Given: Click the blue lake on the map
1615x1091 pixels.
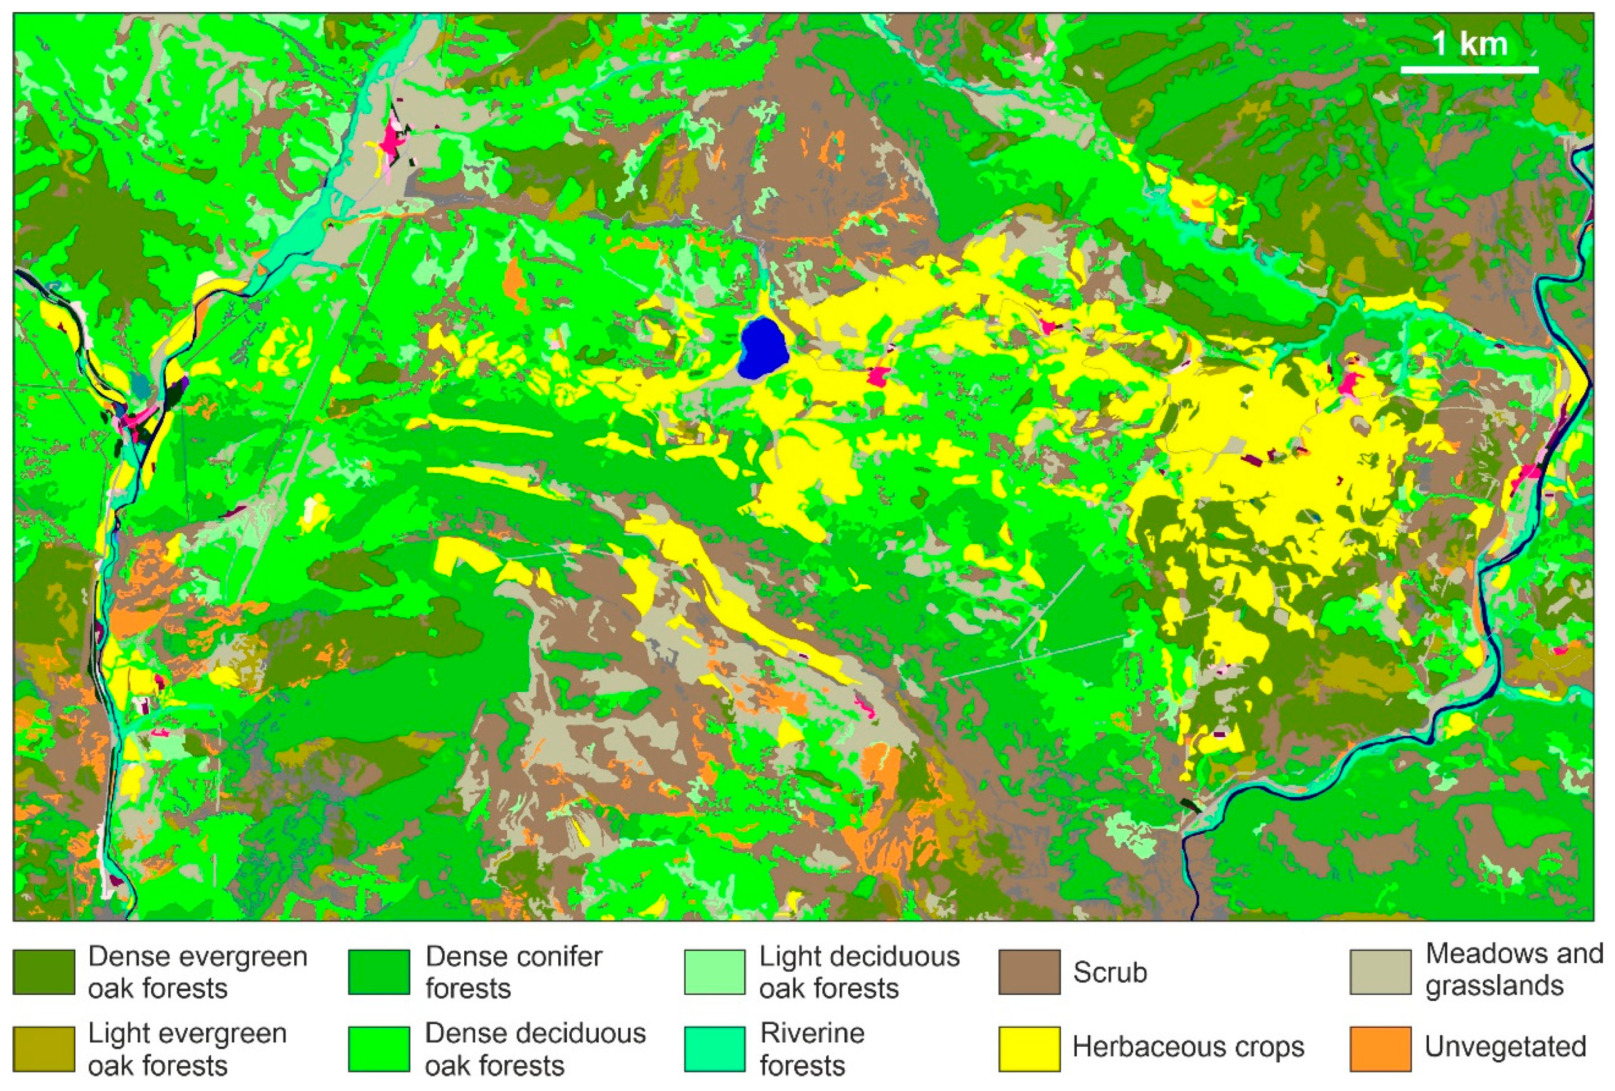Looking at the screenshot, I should (x=763, y=348).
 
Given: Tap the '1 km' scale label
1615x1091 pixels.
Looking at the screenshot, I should (x=1469, y=44).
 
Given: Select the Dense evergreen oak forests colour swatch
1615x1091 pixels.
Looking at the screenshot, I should (x=44, y=972).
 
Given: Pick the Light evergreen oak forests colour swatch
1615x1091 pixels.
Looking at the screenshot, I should (x=44, y=1048).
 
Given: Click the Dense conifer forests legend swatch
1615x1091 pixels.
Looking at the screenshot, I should (x=380, y=972).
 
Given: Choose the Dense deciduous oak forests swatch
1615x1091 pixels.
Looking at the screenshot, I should (x=380, y=1048).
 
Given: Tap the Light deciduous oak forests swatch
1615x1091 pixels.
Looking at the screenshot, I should (x=714, y=972).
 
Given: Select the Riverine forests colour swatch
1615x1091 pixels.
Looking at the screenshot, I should (x=714, y=1048).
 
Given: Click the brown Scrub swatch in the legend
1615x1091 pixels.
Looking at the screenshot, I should (x=1029, y=972).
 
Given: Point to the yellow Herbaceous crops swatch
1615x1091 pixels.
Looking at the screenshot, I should (x=1029, y=1048).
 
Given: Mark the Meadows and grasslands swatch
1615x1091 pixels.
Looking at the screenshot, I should (x=1380, y=972).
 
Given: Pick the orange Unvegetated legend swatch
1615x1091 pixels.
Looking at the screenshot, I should (x=1380, y=1048).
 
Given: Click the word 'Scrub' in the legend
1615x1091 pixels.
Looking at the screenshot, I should (x=1110, y=972).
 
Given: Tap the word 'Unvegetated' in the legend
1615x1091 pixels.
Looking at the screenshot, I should (x=1505, y=1047).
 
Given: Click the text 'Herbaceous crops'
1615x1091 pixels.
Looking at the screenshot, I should (x=1188, y=1047).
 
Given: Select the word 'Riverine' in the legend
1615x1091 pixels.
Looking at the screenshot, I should (x=812, y=1033).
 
